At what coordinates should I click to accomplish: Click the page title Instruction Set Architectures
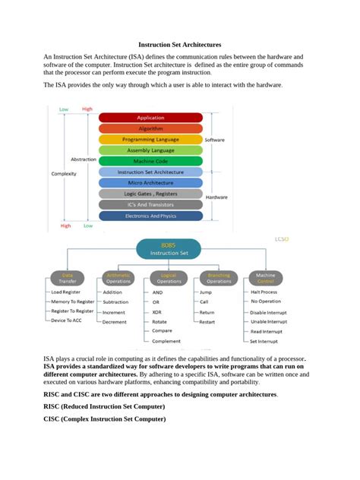(179, 45)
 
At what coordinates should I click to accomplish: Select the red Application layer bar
(150, 118)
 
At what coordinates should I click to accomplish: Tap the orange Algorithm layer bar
(150, 128)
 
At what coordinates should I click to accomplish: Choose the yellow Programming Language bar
(150, 140)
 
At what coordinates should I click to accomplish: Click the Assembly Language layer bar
(150, 150)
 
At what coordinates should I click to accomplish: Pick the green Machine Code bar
(150, 161)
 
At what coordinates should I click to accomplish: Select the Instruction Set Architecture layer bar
(150, 172)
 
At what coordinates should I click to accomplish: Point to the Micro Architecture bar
(150, 183)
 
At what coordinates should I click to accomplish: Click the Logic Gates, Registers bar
(150, 194)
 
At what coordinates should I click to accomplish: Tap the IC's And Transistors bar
(150, 204)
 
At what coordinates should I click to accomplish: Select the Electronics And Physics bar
(150, 216)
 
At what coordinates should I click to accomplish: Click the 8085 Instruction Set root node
(168, 248)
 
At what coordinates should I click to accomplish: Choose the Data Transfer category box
(68, 278)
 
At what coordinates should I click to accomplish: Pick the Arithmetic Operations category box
(118, 278)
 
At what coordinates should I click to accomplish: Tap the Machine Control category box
(265, 278)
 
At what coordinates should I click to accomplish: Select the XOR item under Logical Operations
(156, 312)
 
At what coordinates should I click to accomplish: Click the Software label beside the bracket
(215, 140)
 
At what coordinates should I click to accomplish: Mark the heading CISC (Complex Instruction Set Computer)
(104, 419)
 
